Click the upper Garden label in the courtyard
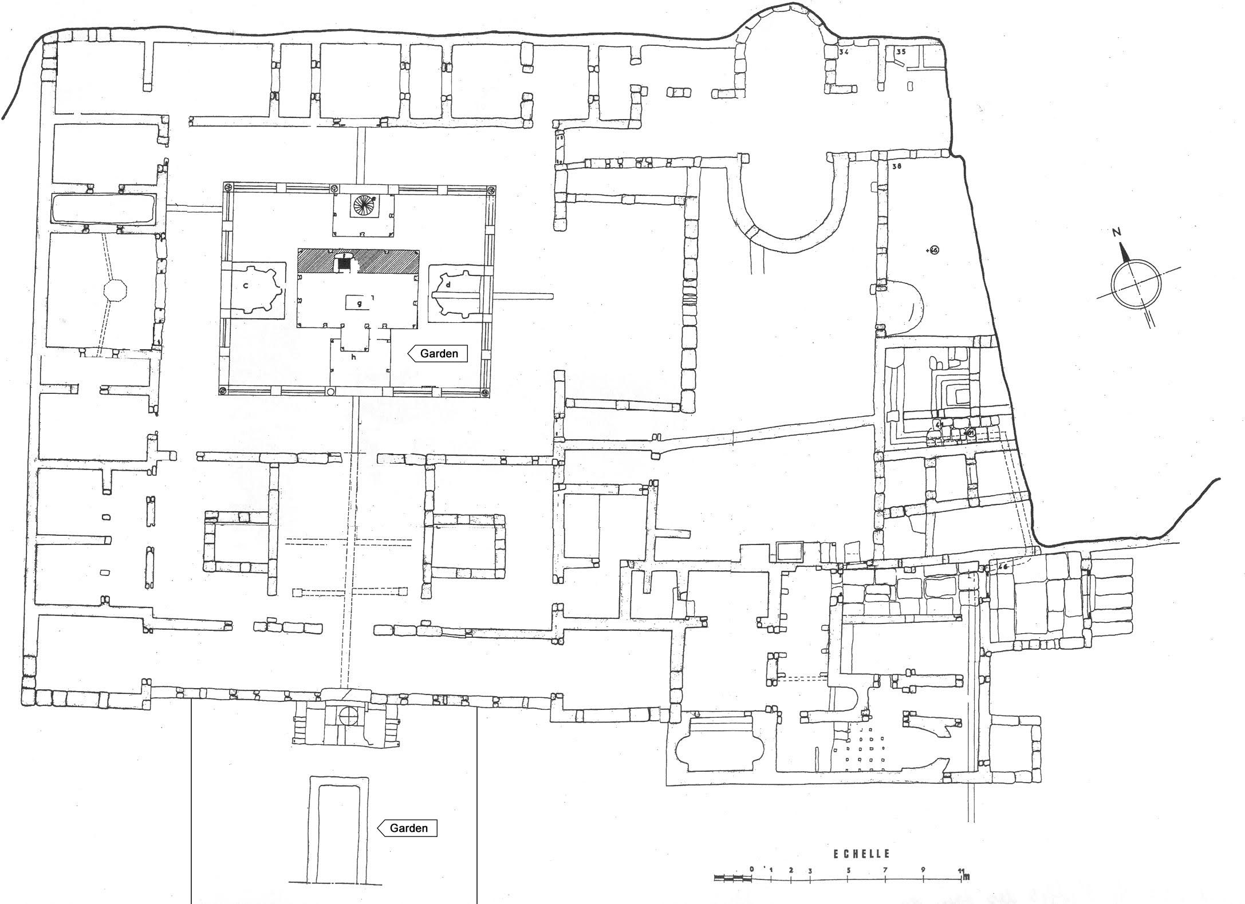click(439, 353)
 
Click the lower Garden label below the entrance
click(408, 828)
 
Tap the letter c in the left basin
click(245, 286)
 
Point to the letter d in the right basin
click(449, 284)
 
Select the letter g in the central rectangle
click(359, 303)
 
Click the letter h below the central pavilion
click(354, 357)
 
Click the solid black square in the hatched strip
click(344, 263)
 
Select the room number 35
click(901, 52)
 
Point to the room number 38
click(897, 167)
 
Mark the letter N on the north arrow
click(1116, 232)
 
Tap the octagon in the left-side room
click(113, 289)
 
